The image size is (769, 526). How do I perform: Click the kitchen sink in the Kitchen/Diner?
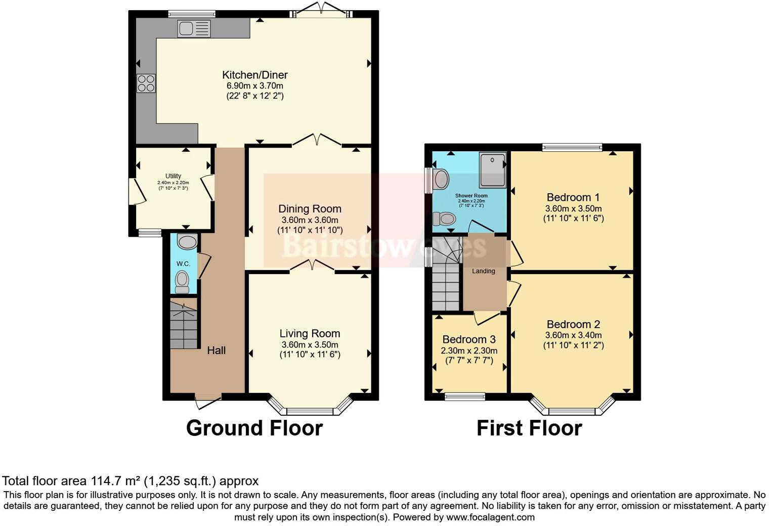coord(193,29)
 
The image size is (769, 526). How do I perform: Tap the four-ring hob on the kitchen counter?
coord(146,83)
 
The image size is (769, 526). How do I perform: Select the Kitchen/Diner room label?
coord(254,75)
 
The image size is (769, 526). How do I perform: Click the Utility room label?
coord(173,176)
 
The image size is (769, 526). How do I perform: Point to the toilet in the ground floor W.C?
coord(182,280)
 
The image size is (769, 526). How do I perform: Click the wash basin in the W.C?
coord(187,242)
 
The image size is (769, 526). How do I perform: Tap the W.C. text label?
coord(183,264)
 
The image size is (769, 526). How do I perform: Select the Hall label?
coord(216,350)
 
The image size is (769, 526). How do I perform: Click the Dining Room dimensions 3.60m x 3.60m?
coord(310,220)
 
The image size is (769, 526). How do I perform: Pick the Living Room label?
coord(310,333)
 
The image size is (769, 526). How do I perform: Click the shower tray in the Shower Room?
coord(492,170)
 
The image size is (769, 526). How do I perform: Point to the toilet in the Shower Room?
coord(445,219)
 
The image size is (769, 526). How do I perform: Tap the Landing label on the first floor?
coord(483,271)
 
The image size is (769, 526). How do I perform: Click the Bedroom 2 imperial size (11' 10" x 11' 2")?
coord(573,345)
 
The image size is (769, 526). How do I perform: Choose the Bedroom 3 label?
coord(468,339)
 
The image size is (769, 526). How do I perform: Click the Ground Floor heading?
coord(254,428)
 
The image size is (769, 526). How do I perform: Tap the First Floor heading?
coord(529,428)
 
